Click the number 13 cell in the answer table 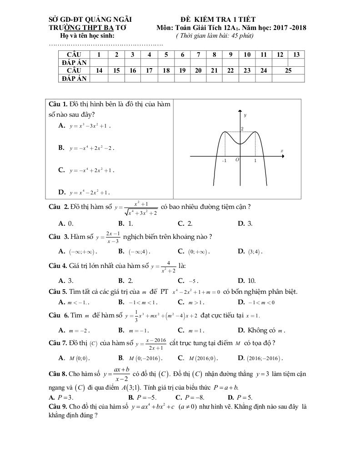[296, 54]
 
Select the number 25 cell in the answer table [288, 70]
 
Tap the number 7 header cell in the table [199, 54]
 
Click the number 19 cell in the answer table [182, 70]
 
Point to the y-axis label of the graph [245, 115]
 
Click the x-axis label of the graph [282, 150]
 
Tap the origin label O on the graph [237, 160]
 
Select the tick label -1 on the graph [224, 161]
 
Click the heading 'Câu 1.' [58, 104]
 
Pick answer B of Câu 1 [86, 148]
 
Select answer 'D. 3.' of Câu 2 [245, 223]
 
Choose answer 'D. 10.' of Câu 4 [247, 281]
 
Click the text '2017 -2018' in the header [289, 28]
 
